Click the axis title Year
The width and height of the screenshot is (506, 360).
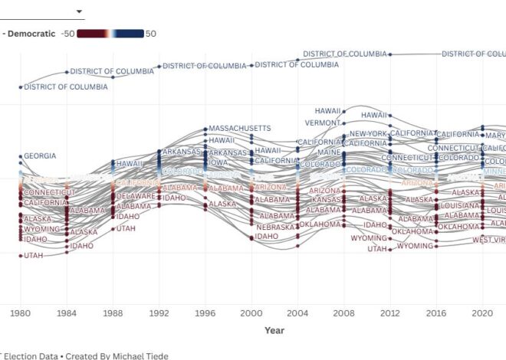pos(274,330)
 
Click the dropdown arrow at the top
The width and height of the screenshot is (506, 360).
pos(79,11)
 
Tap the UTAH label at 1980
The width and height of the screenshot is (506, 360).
pos(34,256)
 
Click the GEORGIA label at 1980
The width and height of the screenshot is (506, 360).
pos(40,156)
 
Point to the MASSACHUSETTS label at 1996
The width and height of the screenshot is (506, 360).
pos(240,128)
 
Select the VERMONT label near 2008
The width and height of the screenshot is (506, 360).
pos(322,123)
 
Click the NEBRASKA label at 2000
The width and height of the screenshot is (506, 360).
pos(275,227)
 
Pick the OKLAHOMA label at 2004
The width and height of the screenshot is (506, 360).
pos(320,224)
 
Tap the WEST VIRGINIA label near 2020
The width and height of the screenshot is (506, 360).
pos(489,241)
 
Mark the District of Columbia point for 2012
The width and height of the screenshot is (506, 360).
pos(390,54)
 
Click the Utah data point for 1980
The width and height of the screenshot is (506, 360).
pos(21,256)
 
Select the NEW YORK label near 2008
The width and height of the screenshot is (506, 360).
pos(368,134)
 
